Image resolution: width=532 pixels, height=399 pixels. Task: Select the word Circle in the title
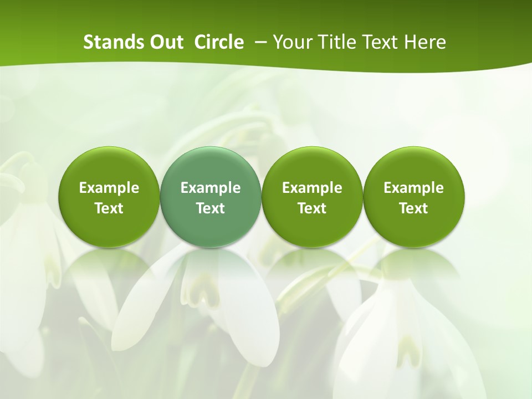219,42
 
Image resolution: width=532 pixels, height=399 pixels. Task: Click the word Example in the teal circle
211,188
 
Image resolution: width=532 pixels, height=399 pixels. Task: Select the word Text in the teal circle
211,208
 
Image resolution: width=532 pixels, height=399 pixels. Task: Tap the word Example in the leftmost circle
109,188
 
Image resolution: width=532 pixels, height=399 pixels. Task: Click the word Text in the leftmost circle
109,208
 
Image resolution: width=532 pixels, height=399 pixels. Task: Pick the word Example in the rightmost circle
413,188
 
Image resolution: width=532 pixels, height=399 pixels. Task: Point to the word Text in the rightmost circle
413,208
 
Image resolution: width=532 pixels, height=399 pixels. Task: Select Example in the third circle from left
312,188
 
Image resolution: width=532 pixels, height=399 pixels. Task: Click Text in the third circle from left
312,208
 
